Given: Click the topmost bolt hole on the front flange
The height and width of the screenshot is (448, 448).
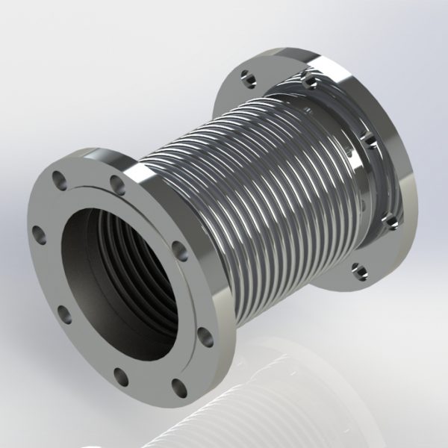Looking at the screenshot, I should click(x=116, y=181).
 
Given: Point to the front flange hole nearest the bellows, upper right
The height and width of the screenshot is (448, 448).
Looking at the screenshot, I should click(x=177, y=248).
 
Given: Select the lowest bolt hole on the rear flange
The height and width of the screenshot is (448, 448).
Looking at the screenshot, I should click(x=358, y=266).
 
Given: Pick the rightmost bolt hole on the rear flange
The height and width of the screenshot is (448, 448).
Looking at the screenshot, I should click(x=388, y=219).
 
